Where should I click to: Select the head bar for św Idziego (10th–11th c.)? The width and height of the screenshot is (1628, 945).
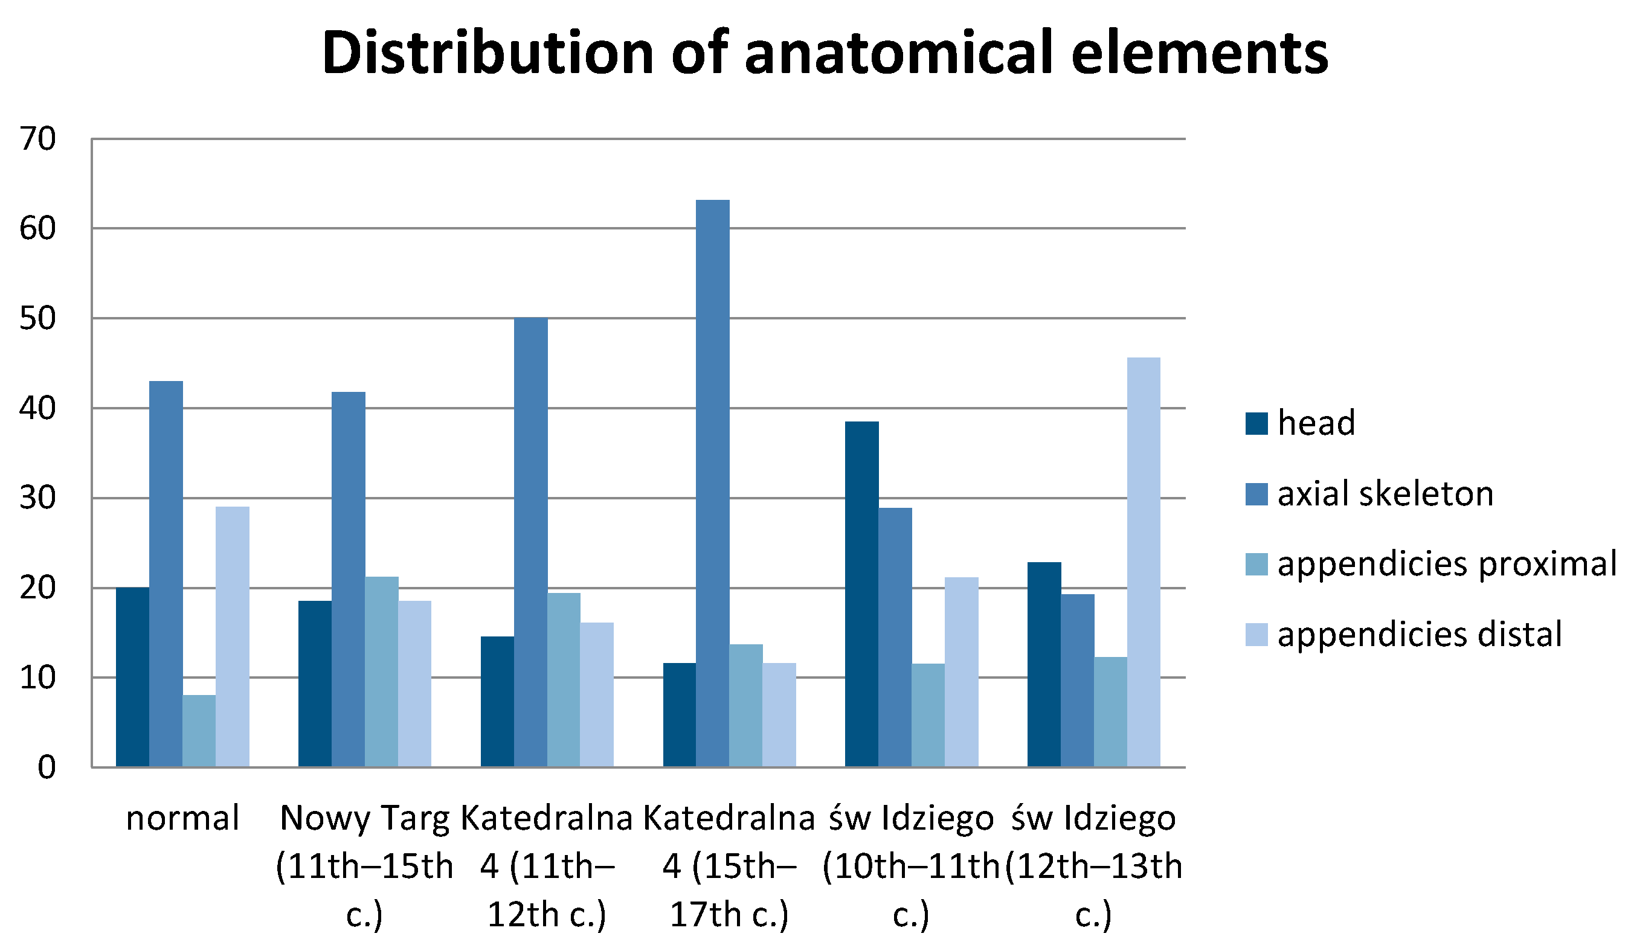862,594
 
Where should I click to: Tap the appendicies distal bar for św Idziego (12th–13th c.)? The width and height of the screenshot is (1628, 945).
1144,562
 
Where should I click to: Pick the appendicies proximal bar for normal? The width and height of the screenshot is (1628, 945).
199,731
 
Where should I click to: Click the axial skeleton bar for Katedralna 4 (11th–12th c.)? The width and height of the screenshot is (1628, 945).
530,543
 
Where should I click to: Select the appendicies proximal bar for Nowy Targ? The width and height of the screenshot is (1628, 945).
381,672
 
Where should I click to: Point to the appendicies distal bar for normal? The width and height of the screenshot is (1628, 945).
232,637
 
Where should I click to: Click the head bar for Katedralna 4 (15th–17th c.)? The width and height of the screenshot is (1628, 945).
680,715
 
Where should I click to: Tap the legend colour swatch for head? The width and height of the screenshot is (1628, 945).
1256,424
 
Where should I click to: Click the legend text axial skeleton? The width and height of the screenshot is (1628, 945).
1385,494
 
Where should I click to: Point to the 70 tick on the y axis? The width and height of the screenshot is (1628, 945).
37,139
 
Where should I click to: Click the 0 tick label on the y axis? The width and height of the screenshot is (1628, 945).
47,768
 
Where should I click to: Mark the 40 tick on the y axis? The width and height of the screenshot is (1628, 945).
37,409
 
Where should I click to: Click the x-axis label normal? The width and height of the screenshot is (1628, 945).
182,818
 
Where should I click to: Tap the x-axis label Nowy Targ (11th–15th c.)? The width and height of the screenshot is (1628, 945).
365,865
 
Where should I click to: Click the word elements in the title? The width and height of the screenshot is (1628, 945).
1199,53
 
